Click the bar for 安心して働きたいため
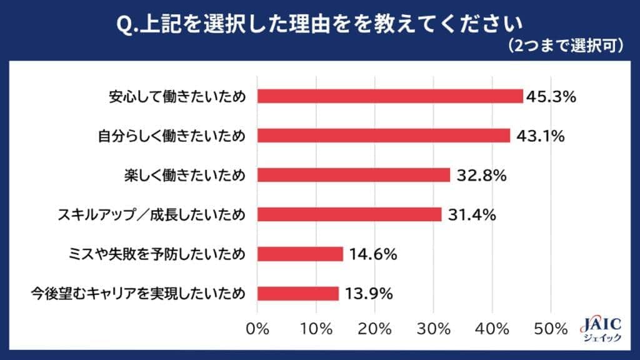(390, 96)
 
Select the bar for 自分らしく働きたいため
(384, 136)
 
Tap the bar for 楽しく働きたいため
(354, 175)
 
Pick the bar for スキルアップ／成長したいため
(349, 214)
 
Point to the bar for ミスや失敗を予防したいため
(300, 254)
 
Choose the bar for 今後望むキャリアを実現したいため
(298, 293)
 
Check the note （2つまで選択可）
(566, 46)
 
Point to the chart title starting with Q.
(320, 24)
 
